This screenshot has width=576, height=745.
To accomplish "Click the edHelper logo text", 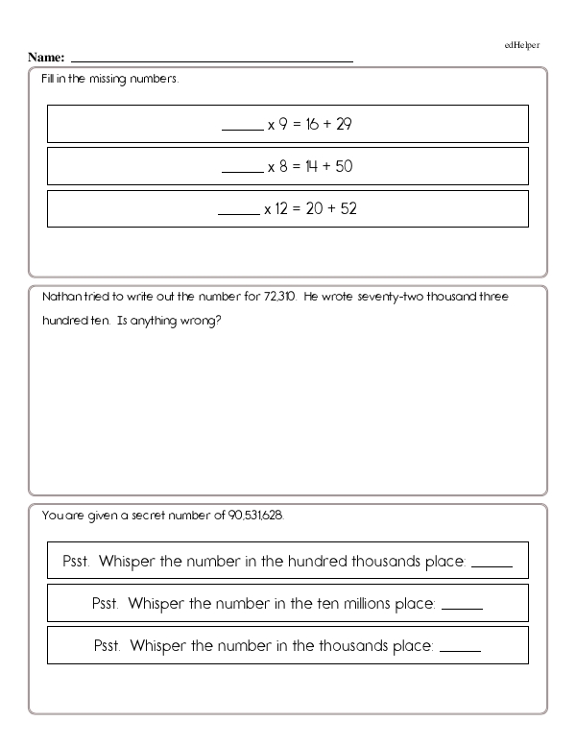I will pyautogui.click(x=522, y=45).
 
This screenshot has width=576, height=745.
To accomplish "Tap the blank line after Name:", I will pyautogui.click(x=211, y=60).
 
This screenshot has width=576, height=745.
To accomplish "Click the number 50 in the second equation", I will pyautogui.click(x=345, y=166).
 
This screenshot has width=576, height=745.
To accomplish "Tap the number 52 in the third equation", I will pyautogui.click(x=348, y=208).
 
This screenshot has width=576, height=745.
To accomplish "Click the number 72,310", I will pyautogui.click(x=280, y=297).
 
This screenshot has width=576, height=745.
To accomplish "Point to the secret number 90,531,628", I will pyautogui.click(x=256, y=516).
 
